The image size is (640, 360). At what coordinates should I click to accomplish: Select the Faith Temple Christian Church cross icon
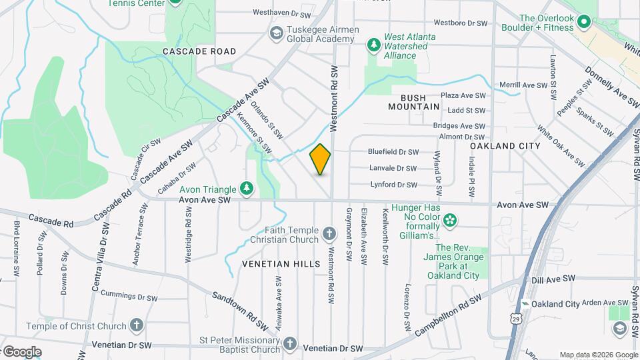[x=329, y=233]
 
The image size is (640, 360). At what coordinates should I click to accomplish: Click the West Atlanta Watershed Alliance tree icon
[x=373, y=45]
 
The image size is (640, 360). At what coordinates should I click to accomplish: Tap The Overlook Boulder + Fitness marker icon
[x=584, y=22]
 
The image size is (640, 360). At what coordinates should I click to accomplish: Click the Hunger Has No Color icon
[x=450, y=219]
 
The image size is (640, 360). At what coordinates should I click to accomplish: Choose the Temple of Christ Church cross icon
[x=136, y=326]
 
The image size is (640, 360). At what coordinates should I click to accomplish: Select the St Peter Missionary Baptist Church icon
[x=289, y=343]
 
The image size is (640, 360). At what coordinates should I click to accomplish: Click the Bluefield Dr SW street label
[x=393, y=152]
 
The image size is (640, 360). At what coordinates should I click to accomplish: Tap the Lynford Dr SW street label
[x=393, y=185]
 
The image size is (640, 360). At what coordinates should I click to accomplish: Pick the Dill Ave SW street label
[x=553, y=279]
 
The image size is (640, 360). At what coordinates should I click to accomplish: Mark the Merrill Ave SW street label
[x=523, y=85]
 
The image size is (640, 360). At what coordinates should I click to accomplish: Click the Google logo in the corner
[x=21, y=351]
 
